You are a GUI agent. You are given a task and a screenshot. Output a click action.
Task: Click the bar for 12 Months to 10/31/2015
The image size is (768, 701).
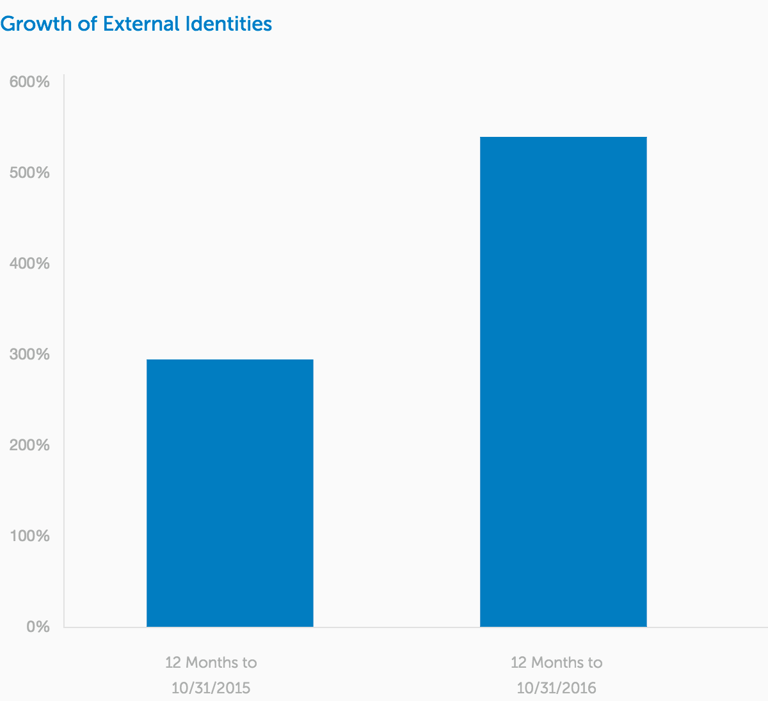coord(230,492)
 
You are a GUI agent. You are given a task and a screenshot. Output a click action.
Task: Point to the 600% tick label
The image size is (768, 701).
coord(29,83)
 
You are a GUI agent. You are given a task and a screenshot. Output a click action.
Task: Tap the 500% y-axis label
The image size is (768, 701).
coord(29,173)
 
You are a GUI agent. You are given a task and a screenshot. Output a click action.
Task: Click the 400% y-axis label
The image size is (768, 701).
coord(29,264)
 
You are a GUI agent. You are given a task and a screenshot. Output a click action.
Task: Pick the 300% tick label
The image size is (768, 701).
coord(29,354)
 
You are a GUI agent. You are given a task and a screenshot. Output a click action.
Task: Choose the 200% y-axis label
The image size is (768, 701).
coord(29,445)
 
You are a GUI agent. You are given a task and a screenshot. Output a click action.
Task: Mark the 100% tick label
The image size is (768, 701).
coord(29,536)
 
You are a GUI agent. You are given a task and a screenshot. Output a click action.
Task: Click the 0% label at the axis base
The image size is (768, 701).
coord(38,627)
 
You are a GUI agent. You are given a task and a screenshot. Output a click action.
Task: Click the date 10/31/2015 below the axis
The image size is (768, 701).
coord(211,688)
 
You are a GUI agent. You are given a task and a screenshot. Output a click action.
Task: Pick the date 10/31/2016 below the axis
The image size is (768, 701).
coord(556,688)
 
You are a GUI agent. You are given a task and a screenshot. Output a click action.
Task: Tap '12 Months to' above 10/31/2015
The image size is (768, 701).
coord(211,662)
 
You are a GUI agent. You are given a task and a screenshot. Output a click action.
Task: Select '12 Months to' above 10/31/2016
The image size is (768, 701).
coord(556,662)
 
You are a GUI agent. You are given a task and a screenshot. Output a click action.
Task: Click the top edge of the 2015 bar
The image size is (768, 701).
coord(230,360)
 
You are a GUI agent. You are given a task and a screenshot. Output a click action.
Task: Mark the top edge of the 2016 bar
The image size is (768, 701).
coord(563,138)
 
